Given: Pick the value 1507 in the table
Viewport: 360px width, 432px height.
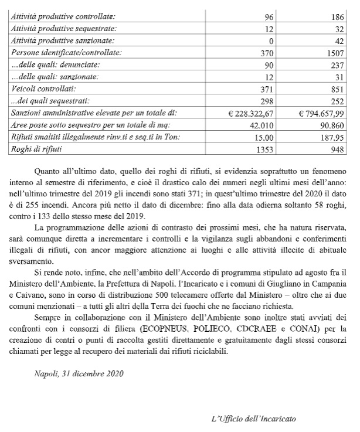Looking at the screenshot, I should point(336,52).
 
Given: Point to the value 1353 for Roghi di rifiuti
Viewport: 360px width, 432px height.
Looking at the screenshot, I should point(265,149).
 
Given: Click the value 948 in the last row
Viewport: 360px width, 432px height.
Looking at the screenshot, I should point(339,149).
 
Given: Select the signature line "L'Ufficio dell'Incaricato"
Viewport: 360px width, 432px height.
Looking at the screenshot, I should point(253,419).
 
